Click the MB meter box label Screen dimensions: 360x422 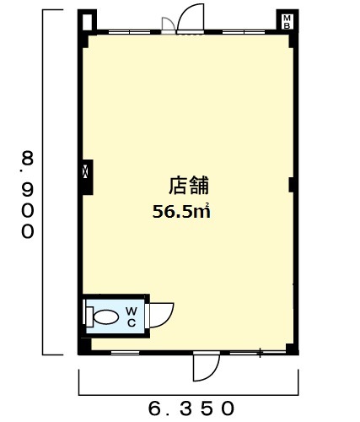tap(287, 22)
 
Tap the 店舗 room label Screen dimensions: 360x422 tap(189, 185)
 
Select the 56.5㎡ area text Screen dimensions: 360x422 tap(181, 211)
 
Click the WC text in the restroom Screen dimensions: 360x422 tap(132, 317)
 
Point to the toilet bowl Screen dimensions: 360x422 tap(106, 317)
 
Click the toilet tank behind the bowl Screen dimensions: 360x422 tap(89, 317)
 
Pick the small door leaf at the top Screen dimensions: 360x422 tap(169, 24)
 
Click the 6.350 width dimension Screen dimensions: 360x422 tap(191, 408)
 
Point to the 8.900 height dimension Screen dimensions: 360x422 tap(28, 195)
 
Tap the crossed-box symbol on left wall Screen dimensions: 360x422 tap(85, 171)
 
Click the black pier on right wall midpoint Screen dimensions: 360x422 tap(292, 185)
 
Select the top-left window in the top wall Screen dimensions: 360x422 tap(130, 32)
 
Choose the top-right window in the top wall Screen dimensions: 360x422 tap(244, 32)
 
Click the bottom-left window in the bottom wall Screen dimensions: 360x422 tap(126, 353)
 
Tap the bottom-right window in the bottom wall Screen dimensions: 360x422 tap(258, 353)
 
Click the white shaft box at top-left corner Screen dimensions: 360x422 tap(88, 22)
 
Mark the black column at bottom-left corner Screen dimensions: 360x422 tap(84, 346)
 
